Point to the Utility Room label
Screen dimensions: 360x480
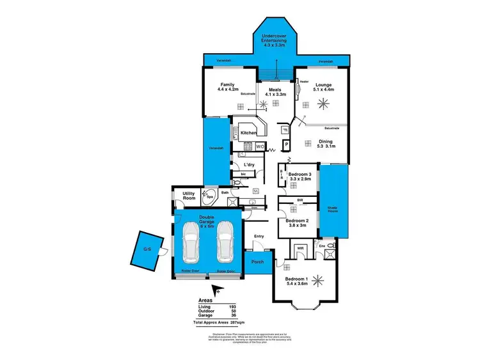click(x=188, y=196)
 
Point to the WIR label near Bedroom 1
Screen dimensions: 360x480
click(x=298, y=247)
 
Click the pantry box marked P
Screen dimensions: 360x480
click(x=286, y=145)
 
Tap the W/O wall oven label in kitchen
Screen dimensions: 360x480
click(x=260, y=146)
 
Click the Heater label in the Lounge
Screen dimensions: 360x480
click(x=303, y=81)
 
